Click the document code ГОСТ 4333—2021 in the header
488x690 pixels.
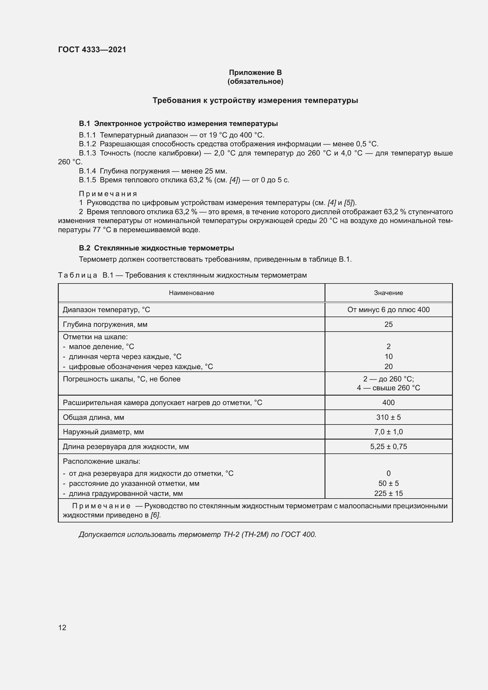[92, 50]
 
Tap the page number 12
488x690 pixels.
[62, 627]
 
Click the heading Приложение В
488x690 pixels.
[255, 73]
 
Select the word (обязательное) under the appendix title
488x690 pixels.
[255, 81]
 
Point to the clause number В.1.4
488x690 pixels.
[87, 171]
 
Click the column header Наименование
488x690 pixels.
[191, 293]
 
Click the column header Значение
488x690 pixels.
[388, 293]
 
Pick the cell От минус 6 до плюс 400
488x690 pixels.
[388, 309]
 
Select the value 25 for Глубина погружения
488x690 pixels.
[388, 324]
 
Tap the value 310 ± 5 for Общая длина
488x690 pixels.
[388, 417]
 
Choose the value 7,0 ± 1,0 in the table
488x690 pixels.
[388, 432]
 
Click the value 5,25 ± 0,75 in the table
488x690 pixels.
[388, 447]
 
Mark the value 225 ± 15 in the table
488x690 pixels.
[388, 494]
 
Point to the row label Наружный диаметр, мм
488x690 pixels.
[103, 432]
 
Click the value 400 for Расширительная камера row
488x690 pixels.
[388, 402]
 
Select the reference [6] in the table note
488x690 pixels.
[155, 515]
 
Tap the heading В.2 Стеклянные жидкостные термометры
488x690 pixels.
[156, 248]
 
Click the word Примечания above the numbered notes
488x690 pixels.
[108, 194]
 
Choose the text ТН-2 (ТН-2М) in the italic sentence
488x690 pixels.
[245, 534]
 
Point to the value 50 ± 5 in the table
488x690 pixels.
[388, 483]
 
